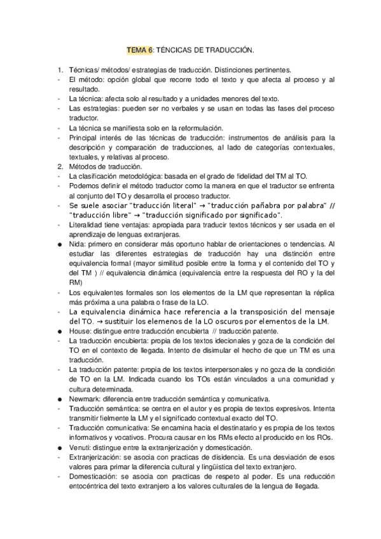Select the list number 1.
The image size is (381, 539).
coord(59,69)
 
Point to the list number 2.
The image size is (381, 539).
coord(59,166)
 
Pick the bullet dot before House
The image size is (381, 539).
coord(59,331)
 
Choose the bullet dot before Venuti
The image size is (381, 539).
coord(59,448)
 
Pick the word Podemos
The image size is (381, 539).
coord(83,186)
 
